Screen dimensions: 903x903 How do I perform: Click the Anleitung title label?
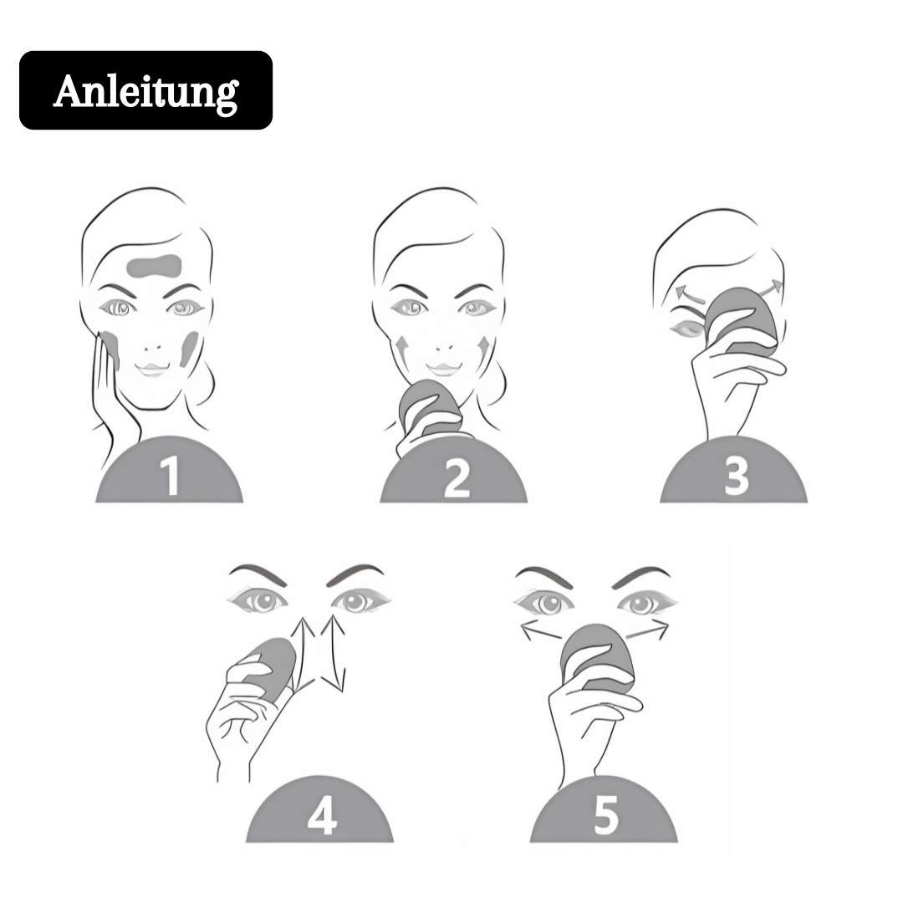coord(145,90)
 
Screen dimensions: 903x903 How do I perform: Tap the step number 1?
coord(170,476)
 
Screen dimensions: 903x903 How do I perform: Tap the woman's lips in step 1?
coord(152,369)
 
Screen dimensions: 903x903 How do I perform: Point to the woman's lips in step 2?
coord(443,369)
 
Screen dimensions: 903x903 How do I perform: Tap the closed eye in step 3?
coord(687,329)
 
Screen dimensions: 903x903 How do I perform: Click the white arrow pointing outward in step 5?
coord(543,631)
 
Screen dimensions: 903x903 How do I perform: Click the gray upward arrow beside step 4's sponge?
coord(304,656)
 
